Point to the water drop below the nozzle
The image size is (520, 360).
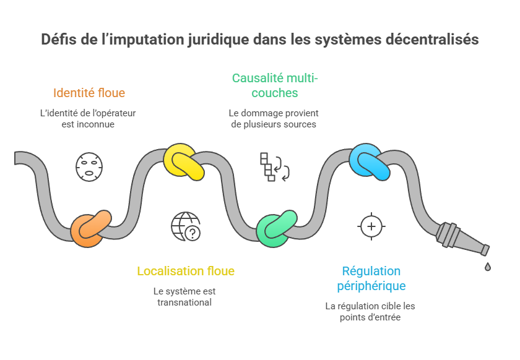488,267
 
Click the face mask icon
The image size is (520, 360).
89,166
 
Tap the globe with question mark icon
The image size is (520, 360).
186,226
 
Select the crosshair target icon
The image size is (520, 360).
371,226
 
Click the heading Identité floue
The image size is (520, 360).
89,93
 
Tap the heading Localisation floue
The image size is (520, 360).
186,271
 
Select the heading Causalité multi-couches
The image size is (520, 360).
274,85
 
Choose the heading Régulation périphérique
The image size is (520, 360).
371,278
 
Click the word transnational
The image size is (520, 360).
185,302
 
